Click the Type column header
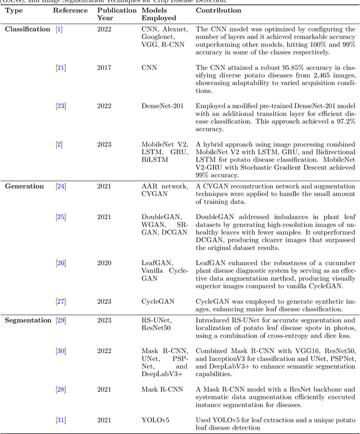click(x=14, y=10)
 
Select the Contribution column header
click(x=219, y=10)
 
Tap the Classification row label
click(x=28, y=29)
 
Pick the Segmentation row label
click(x=28, y=320)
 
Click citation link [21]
click(x=60, y=68)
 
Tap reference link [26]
click(x=60, y=262)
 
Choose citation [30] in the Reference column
click(x=60, y=351)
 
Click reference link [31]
click(x=60, y=419)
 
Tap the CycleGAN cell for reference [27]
click(x=158, y=301)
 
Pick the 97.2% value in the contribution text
click(x=344, y=120)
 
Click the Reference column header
click(x=70, y=10)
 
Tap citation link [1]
click(x=58, y=29)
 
